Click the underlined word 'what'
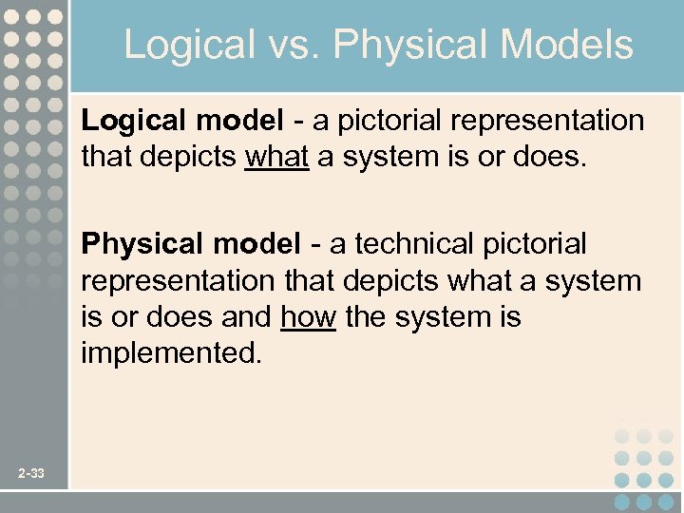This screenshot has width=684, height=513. point(276,157)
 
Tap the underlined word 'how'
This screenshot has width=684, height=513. point(308,316)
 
